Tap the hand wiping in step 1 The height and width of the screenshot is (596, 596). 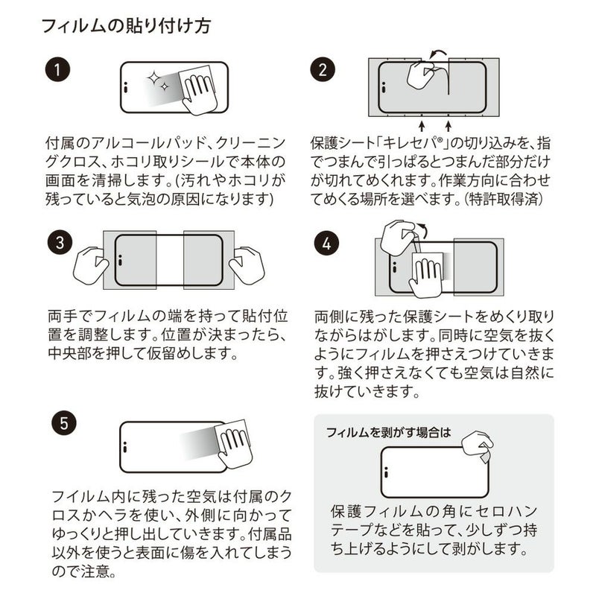point(197,92)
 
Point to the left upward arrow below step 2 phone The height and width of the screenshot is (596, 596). point(422,122)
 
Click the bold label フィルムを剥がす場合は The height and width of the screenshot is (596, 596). point(388,432)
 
